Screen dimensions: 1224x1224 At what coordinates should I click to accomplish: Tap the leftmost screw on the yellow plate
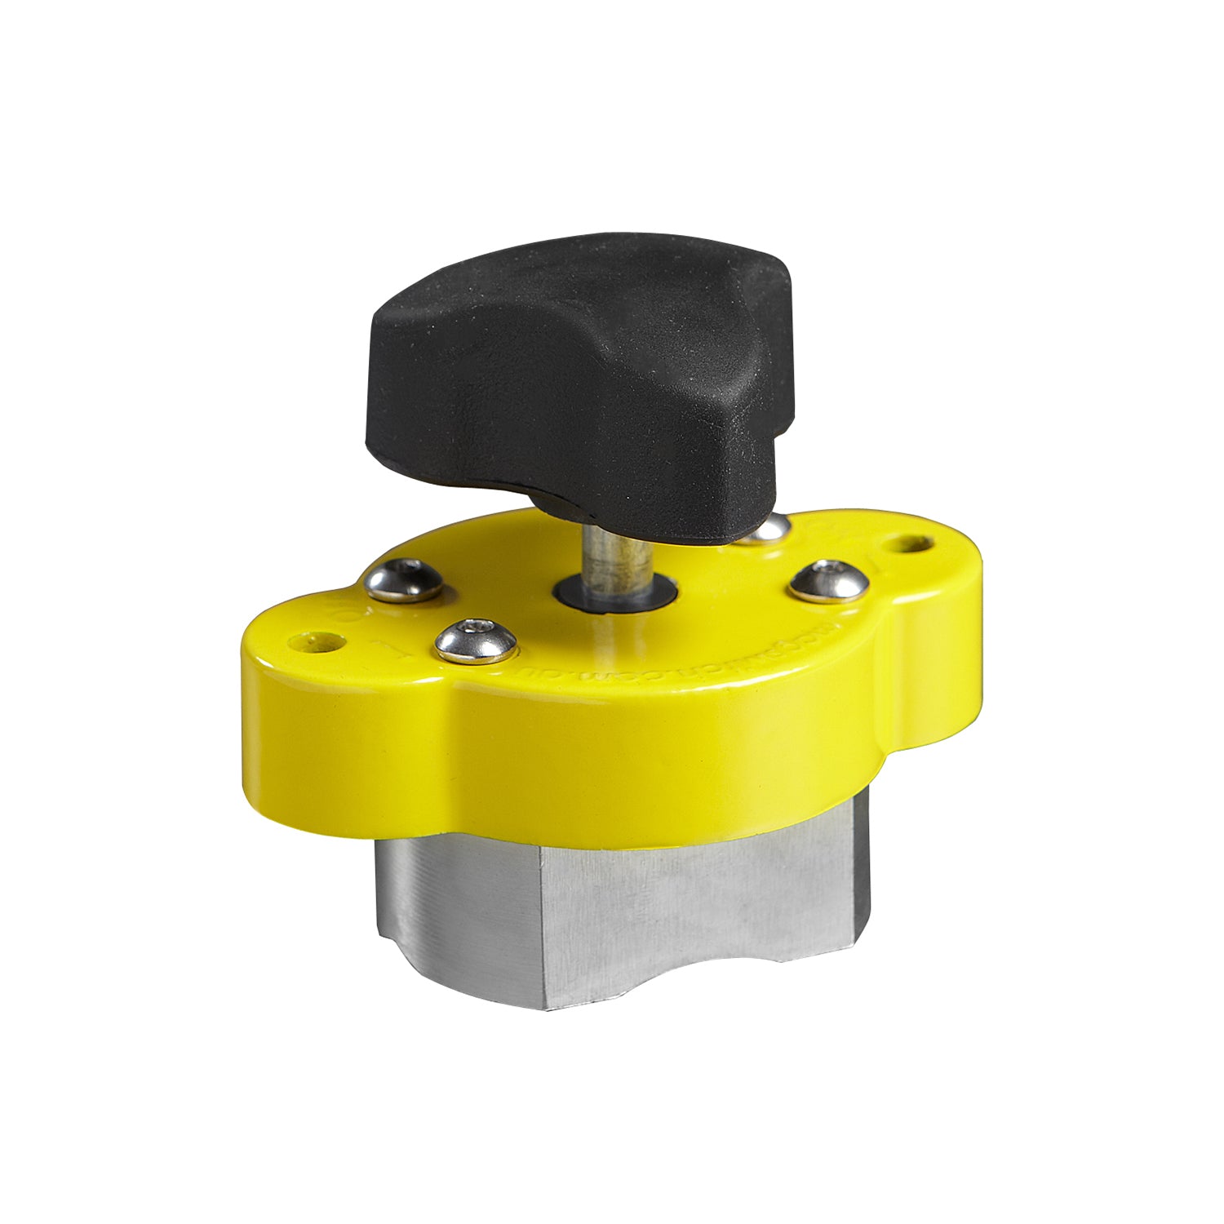click(404, 581)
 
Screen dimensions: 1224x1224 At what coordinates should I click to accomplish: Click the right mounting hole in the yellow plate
click(912, 541)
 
